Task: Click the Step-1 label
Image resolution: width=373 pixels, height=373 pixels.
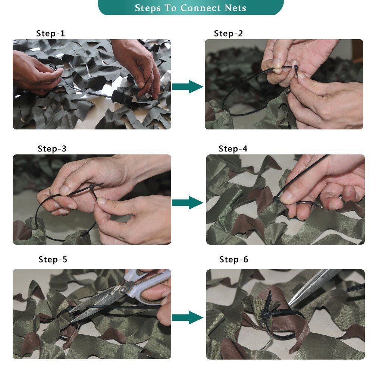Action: [x=50, y=33]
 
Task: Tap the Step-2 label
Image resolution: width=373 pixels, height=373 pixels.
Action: [x=228, y=33]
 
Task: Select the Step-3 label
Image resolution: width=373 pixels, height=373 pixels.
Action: [x=52, y=149]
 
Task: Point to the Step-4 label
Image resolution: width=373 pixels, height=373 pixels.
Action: [x=233, y=149]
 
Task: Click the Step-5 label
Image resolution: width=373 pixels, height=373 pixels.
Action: [x=53, y=259]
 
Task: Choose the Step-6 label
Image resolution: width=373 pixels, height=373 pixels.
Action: [x=233, y=259]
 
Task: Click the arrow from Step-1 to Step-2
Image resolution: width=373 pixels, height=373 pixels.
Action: [x=188, y=87]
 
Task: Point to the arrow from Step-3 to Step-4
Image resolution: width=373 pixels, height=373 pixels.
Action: [x=188, y=203]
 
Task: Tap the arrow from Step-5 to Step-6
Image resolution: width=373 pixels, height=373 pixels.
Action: [x=188, y=317]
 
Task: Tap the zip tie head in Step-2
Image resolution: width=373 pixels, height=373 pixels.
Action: [x=296, y=69]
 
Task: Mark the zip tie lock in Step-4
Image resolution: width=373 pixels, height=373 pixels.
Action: [x=276, y=200]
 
